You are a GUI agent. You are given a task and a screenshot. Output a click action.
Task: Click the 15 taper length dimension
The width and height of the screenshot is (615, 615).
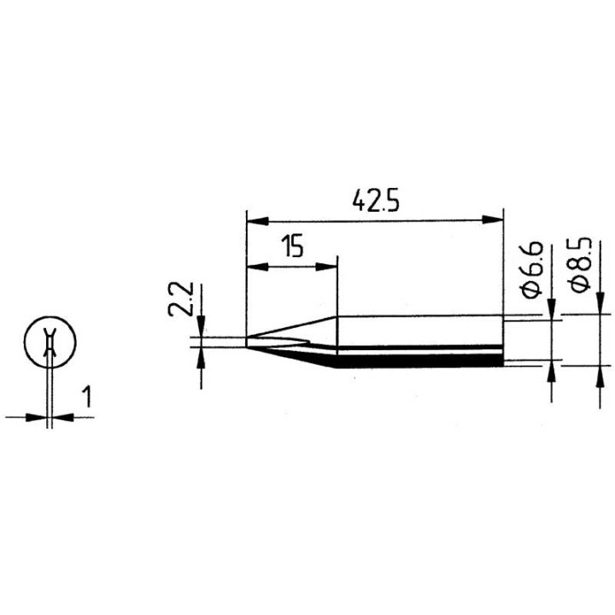[x=292, y=249]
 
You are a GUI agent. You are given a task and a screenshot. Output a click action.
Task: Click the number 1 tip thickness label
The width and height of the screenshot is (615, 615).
[x=87, y=396]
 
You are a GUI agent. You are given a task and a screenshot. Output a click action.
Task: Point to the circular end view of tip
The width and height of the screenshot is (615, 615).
[x=51, y=344]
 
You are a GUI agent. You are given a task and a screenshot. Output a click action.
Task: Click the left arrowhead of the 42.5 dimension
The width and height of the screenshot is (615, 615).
[x=255, y=220]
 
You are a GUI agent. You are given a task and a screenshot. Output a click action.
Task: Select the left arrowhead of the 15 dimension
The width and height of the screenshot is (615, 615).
[x=255, y=266]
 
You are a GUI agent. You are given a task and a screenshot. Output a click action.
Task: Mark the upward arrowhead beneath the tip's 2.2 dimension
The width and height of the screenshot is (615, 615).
[x=202, y=356]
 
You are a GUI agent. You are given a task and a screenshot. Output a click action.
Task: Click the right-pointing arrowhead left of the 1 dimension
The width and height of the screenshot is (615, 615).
[x=38, y=417]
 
